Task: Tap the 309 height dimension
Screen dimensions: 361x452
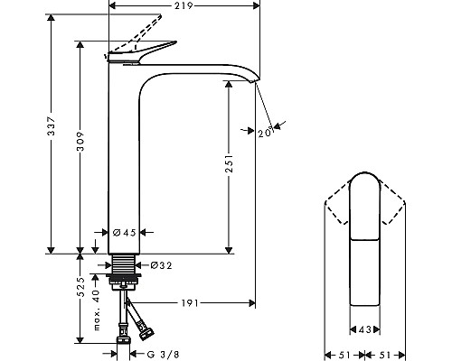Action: point(80,146)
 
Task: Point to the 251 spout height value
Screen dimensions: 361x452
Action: point(231,163)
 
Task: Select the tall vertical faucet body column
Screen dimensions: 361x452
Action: point(125,162)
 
